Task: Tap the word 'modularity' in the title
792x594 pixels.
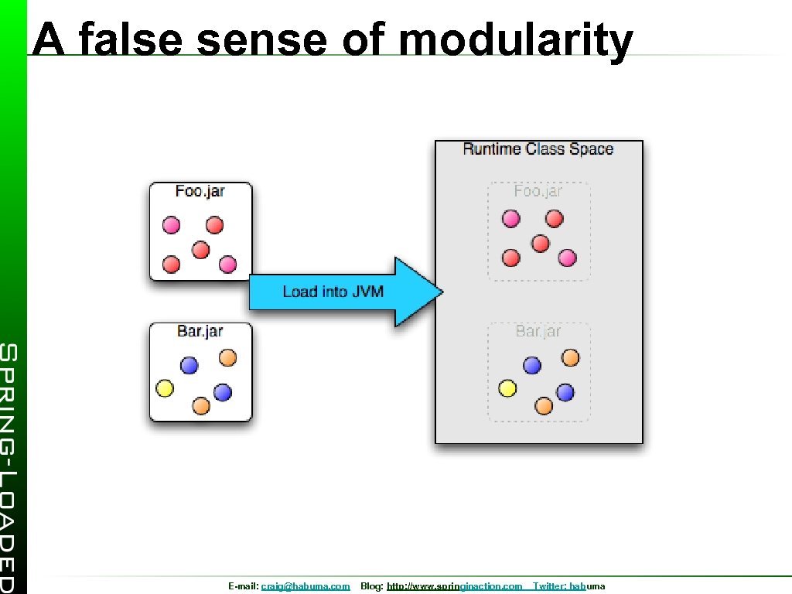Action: coord(515,40)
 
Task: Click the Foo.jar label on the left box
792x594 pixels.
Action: coord(200,191)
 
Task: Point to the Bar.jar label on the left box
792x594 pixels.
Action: coord(200,331)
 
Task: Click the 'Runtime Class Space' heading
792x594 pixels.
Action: coord(538,148)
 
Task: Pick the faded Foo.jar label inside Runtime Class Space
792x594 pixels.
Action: coord(538,191)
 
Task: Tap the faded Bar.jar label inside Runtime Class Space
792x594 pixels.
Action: coord(538,331)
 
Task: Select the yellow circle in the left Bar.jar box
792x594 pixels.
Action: coord(165,388)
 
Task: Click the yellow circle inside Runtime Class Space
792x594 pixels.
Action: coord(507,388)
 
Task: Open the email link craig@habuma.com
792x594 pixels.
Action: coord(305,587)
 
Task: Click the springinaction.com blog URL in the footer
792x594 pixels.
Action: coord(454,587)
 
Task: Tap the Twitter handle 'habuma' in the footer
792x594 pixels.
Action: coord(587,587)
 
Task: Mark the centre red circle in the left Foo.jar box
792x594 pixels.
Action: coord(200,250)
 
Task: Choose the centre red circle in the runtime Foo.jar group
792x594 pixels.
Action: coord(541,244)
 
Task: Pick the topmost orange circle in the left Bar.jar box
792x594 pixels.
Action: coord(227,357)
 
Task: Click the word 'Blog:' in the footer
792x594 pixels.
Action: coord(371,587)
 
